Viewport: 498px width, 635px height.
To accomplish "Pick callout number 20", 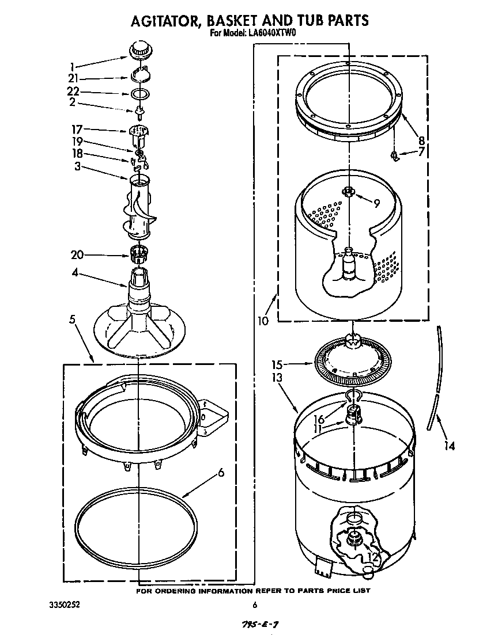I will [x=77, y=254].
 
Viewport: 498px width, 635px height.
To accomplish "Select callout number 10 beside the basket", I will [x=263, y=321].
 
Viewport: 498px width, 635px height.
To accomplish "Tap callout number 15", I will [x=277, y=364].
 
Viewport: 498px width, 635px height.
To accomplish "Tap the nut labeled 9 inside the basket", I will [x=348, y=192].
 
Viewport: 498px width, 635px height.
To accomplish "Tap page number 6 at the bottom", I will [x=254, y=605].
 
